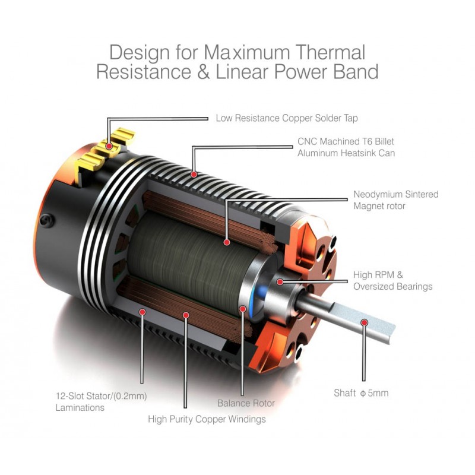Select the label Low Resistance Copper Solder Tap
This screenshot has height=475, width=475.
287,118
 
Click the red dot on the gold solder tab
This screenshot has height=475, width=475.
109,145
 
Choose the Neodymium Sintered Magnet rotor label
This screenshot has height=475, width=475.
396,199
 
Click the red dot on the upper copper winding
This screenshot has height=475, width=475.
227,242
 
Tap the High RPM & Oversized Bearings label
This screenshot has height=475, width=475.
392,281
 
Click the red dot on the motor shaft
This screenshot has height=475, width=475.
365,322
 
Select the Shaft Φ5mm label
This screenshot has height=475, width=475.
361,393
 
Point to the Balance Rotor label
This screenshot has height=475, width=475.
246,403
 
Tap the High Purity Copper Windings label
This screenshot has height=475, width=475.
207,419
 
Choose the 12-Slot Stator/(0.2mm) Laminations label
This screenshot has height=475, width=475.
101,402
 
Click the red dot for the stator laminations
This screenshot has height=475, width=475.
142,311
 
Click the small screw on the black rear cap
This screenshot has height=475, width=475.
44,220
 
